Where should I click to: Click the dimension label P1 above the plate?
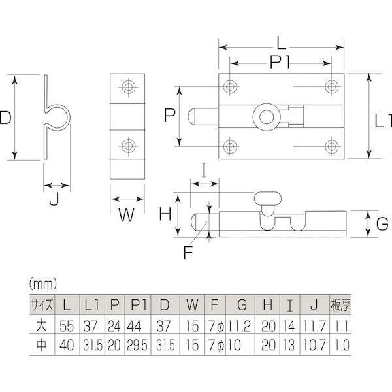280,62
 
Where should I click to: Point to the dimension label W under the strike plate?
127,215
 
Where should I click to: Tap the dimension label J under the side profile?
54,199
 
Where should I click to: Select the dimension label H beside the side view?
165,214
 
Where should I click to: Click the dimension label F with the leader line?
188,252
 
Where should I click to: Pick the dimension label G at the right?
382,223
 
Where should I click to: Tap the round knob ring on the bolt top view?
267,117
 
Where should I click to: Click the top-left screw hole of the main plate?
230,86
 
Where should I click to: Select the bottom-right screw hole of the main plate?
331,146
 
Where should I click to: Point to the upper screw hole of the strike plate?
129,87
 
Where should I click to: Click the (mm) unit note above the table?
43,284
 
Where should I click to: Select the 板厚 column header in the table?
340,304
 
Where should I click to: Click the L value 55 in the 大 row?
67,326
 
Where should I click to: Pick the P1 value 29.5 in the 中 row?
137,345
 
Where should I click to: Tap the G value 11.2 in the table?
239,326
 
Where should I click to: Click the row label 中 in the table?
42,345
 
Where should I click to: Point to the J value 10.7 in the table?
314,345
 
